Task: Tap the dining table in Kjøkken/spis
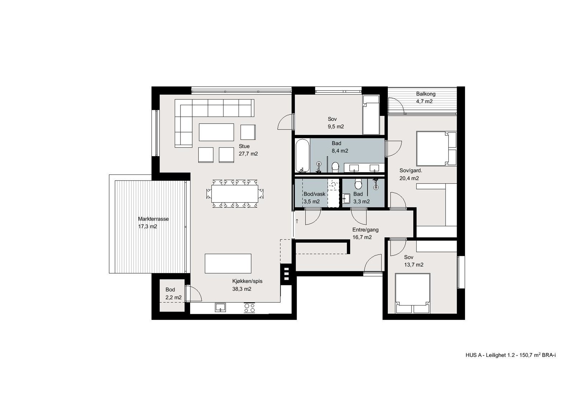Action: click(234, 194)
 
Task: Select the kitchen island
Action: click(228, 263)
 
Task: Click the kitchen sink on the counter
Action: click(220, 307)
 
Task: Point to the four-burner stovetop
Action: click(249, 308)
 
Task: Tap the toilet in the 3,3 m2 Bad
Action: click(358, 184)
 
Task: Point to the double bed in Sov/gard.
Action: click(434, 148)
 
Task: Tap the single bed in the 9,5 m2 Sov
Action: click(371, 115)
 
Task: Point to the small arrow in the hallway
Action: click(297, 221)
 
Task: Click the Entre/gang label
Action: click(365, 233)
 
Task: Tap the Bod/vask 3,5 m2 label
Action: click(314, 198)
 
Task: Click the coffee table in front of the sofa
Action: click(216, 132)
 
